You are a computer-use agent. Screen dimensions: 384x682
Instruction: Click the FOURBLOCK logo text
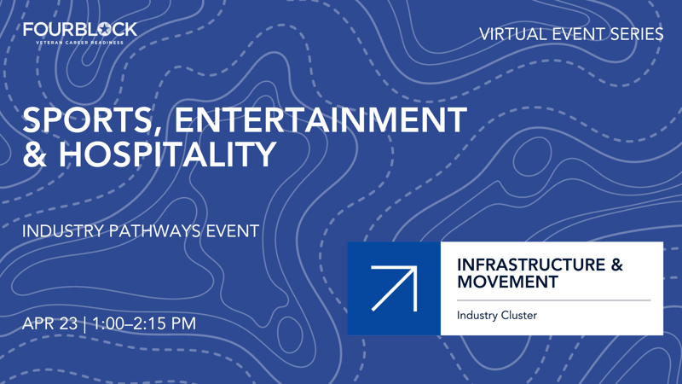(80, 29)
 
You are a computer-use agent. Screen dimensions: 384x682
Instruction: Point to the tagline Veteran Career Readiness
(80, 42)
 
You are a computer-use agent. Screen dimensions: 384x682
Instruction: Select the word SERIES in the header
(633, 34)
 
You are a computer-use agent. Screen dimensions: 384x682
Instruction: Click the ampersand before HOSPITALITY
(37, 155)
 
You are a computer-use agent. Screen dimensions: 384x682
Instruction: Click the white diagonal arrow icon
(393, 288)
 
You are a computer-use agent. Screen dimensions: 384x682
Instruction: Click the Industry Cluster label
(497, 316)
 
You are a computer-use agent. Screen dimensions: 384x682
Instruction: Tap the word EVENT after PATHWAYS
(233, 231)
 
